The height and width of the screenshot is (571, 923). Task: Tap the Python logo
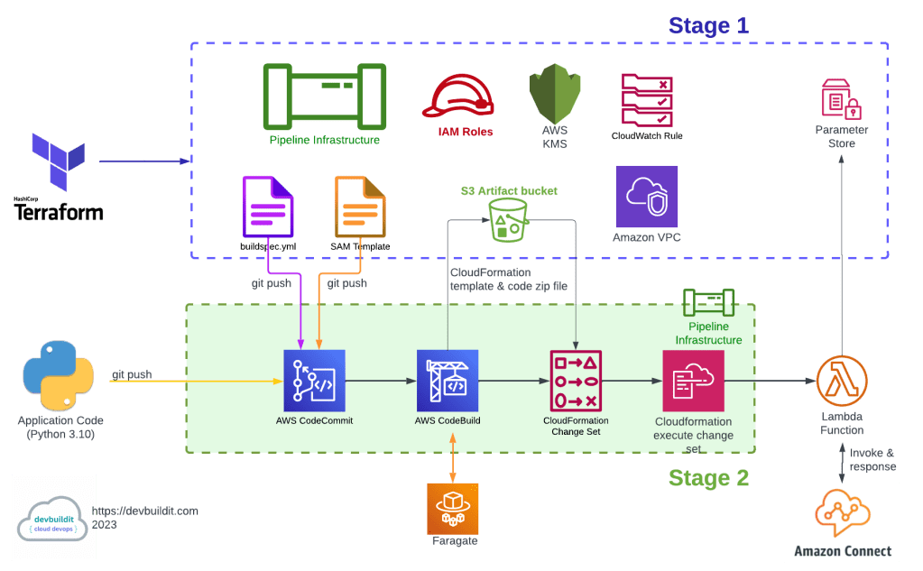coord(59,376)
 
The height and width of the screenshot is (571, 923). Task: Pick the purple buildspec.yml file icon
coord(267,208)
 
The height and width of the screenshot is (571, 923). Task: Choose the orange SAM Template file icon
coord(359,208)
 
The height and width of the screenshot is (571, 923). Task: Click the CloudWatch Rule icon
coord(646,99)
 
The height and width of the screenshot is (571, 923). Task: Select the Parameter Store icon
coord(841,99)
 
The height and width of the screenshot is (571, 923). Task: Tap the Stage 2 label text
coord(708,478)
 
